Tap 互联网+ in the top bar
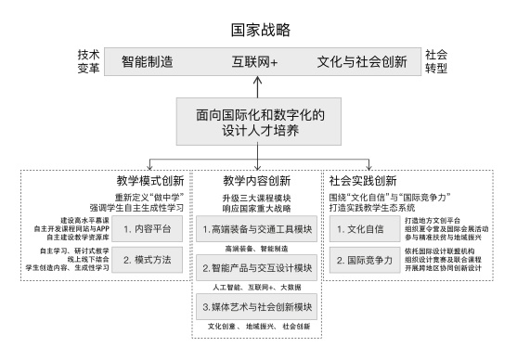255,63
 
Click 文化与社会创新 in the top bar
362,63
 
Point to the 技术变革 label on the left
89,62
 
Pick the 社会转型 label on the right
434,62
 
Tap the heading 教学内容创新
256,179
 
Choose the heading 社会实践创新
364,179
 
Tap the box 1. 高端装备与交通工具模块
256,227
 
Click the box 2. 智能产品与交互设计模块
256,266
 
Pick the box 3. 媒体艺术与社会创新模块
256,305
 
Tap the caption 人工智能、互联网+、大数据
256,288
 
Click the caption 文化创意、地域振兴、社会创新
256,327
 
